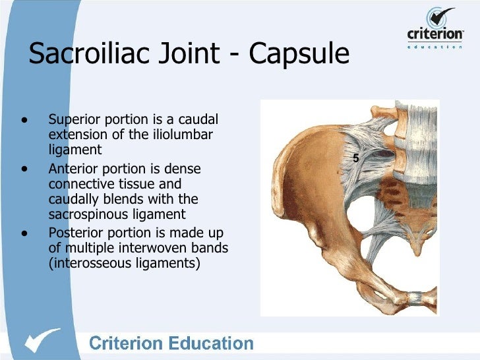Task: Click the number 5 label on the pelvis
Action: click(355, 158)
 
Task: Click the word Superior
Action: click(75, 120)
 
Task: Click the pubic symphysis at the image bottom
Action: click(416, 298)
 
